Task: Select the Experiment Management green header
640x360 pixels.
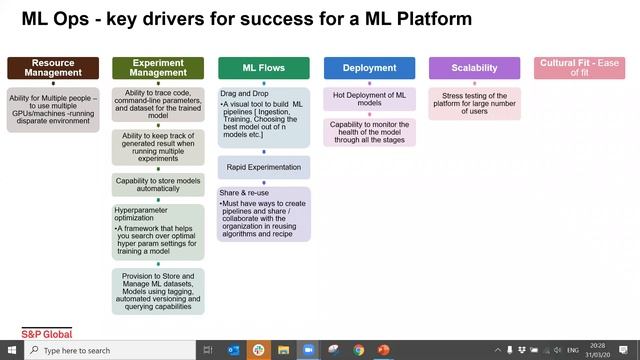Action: coord(157,68)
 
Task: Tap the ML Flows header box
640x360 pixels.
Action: coord(264,68)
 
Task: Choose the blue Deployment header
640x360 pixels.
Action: coord(369,68)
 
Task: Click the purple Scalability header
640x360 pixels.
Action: coord(474,68)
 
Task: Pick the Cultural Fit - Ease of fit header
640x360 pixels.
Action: coord(579,68)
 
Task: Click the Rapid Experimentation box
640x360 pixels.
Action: coord(264,167)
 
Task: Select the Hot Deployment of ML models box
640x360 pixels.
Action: coord(369,99)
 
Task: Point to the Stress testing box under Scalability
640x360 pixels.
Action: coord(474,104)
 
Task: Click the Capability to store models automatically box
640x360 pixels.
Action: coord(157,186)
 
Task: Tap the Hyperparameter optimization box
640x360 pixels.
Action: coord(157,233)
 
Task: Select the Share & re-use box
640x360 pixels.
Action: coord(264,214)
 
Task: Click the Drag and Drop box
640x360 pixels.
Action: coord(264,117)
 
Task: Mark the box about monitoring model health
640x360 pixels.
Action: coord(369,134)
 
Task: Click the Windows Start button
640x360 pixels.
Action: coord(10,351)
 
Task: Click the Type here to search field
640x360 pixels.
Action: coord(100,351)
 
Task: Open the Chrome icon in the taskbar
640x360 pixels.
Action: coord(359,351)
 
